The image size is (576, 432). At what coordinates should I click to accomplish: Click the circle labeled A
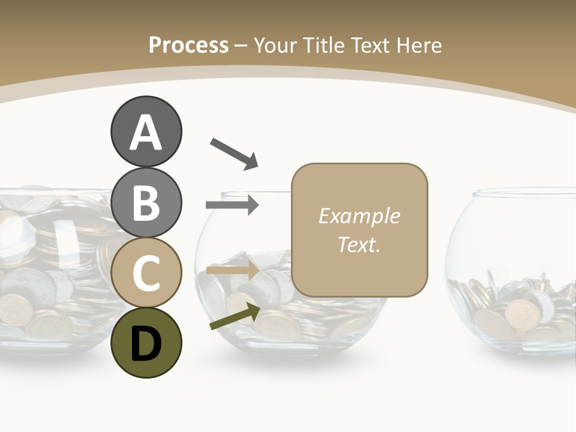(x=146, y=131)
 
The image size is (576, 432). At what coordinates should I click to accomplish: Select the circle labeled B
(x=146, y=202)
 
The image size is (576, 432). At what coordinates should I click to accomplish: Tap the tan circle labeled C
(x=146, y=273)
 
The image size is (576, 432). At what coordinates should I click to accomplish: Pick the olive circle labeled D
(x=146, y=343)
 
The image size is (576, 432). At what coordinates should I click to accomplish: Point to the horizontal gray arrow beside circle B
(x=232, y=205)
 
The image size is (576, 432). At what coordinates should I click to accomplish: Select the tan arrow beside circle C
(x=232, y=271)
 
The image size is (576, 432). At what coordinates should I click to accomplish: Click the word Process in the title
(x=188, y=45)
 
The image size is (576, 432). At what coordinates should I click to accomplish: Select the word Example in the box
(x=359, y=216)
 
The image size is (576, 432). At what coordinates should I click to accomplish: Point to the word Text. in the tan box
(x=359, y=244)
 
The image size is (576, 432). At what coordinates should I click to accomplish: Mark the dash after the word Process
(x=241, y=46)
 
